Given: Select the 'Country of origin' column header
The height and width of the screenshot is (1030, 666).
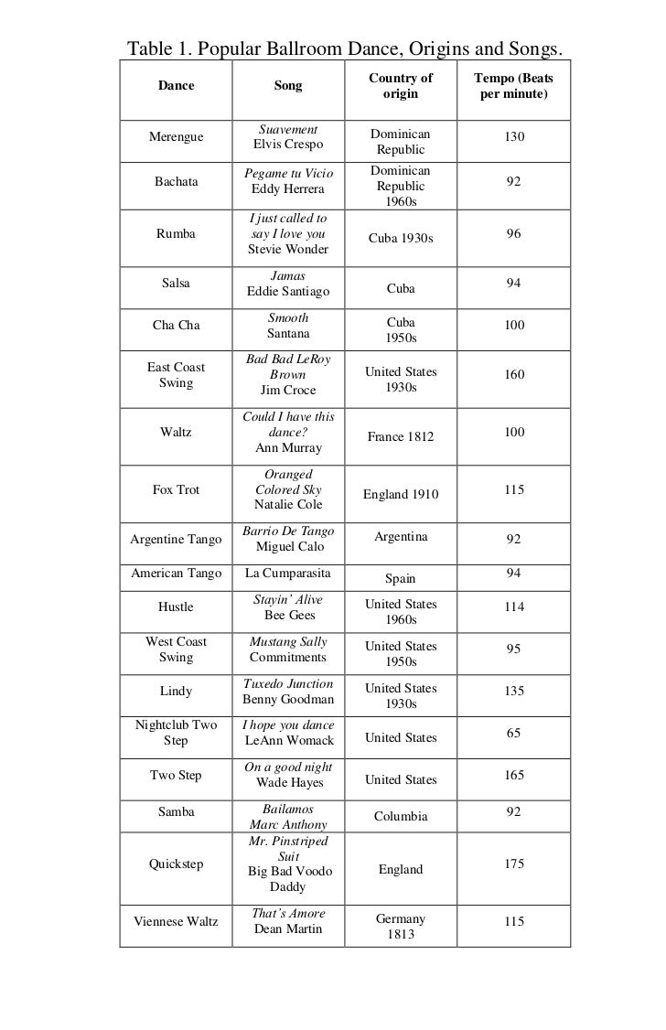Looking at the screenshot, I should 401,86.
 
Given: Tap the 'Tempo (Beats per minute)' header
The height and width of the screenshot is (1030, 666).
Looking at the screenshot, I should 513,86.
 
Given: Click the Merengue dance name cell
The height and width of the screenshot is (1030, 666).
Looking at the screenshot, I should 176,136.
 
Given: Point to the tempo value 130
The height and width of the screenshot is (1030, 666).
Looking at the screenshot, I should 514,136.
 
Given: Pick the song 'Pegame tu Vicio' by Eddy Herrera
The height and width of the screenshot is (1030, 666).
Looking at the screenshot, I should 288,181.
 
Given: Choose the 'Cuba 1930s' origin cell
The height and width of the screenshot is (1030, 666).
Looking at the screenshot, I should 401,238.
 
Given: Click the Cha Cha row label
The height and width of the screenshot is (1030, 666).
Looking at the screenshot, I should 176,325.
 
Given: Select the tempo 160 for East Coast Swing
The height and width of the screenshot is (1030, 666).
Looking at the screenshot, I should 514,374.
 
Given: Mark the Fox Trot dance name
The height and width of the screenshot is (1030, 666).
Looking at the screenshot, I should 176,489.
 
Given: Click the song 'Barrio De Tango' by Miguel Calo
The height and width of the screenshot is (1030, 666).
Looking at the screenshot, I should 288,539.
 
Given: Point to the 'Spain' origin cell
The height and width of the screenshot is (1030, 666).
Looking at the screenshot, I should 401,578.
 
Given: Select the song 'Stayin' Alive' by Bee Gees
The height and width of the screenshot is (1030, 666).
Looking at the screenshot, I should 288,607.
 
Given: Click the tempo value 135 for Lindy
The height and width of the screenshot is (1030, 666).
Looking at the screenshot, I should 514,691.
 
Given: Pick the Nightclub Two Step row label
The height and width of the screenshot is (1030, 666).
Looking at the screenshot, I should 176,733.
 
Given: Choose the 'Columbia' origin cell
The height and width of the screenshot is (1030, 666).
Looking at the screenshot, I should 401,815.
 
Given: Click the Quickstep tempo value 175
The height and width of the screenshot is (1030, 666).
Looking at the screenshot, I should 514,864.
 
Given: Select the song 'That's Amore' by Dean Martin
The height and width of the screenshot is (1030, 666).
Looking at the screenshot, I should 288,921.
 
